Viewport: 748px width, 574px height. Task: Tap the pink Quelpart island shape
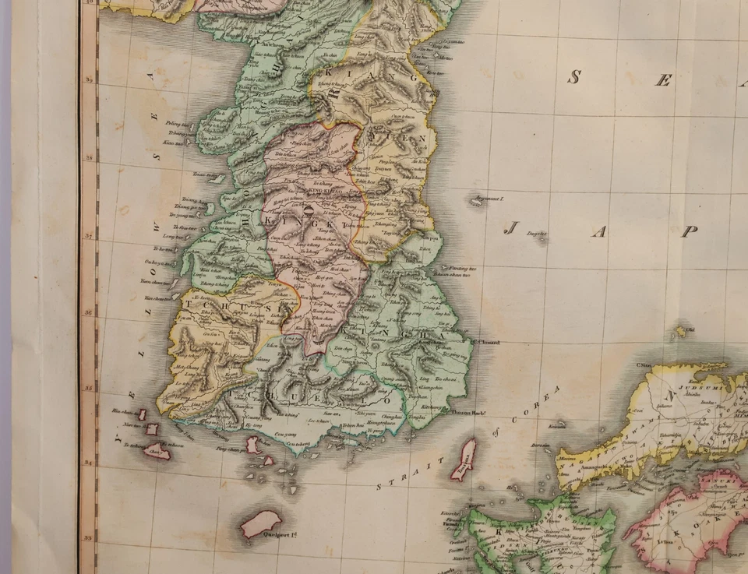(x=261, y=523)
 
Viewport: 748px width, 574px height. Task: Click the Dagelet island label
(x=537, y=233)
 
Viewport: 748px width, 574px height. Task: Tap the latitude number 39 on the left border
(x=90, y=80)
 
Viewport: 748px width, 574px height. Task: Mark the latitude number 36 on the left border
(x=90, y=312)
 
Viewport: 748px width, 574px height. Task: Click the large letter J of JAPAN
(x=512, y=229)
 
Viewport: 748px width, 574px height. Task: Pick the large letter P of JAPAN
(x=689, y=231)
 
